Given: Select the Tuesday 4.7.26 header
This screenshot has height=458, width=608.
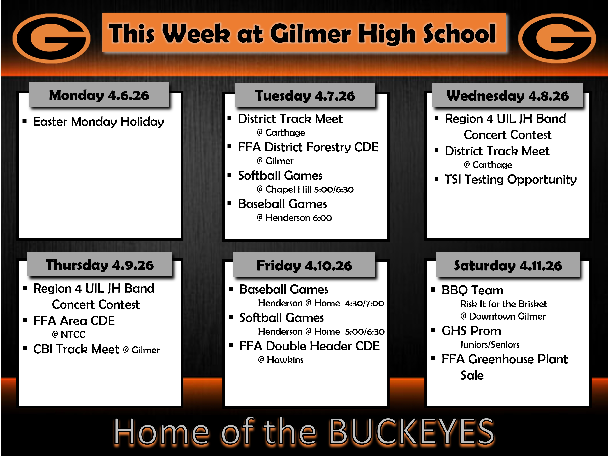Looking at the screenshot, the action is click(x=305, y=95).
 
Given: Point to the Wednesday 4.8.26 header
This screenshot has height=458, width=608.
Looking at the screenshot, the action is click(x=507, y=95).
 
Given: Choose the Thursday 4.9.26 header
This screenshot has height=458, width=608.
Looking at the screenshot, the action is click(x=100, y=265).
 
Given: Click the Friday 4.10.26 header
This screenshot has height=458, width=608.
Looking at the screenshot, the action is click(x=304, y=265).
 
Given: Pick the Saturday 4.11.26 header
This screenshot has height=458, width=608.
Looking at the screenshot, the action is click(x=508, y=265).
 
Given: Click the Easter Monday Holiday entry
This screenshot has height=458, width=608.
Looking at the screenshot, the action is click(x=98, y=122).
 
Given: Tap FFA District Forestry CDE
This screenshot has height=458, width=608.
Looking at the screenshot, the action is click(x=308, y=147).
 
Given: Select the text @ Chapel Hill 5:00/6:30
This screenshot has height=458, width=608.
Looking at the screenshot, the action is click(x=305, y=189).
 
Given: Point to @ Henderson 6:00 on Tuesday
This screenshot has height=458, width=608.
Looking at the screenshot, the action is click(x=294, y=218).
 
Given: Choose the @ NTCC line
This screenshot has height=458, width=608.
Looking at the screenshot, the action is click(x=69, y=334).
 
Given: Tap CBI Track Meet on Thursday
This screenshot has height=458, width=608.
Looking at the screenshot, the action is click(x=76, y=349).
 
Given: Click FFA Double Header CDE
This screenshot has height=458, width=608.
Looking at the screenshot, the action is click(x=309, y=346).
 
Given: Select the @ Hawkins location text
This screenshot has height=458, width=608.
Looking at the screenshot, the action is click(x=281, y=360).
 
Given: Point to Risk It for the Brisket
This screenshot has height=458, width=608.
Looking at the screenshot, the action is click(x=504, y=304).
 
